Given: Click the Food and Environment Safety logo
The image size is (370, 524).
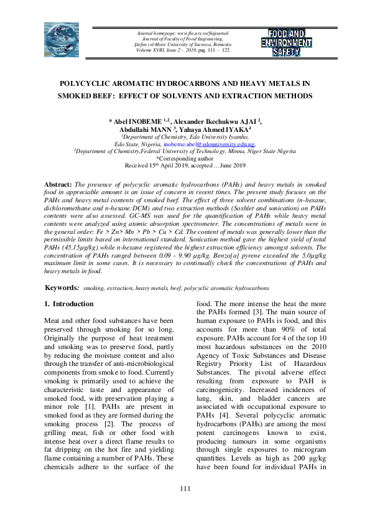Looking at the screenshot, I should click(286, 42).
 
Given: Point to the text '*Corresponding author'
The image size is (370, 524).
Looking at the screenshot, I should click(185, 159).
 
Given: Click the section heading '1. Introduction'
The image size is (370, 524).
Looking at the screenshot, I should click(69, 304).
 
